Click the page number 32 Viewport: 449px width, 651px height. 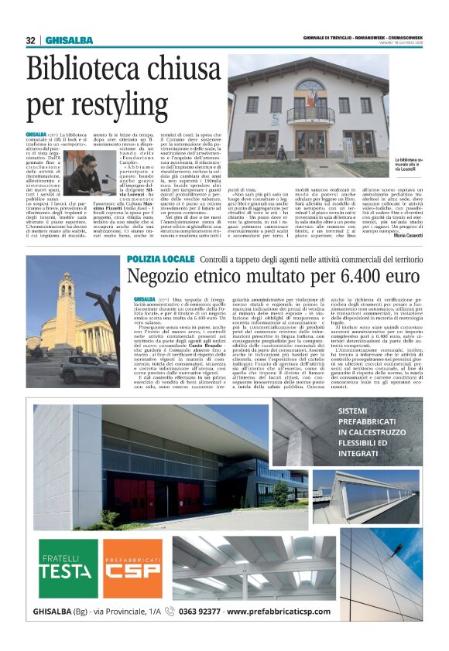click(x=30, y=40)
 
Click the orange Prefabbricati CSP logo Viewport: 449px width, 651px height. click(x=133, y=569)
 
